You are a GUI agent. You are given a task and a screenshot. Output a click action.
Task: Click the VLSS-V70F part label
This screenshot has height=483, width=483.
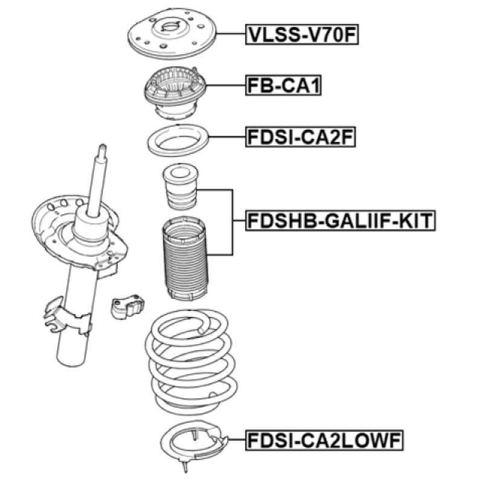point(302,34)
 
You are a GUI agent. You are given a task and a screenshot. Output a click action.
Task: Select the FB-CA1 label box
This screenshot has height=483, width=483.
point(283,85)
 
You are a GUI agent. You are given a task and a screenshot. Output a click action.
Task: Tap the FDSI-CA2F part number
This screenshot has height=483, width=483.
point(300,137)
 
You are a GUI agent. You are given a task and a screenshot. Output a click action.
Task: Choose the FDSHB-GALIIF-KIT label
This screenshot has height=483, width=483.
point(341,220)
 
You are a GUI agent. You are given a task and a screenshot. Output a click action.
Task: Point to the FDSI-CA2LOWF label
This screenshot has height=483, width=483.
point(324,441)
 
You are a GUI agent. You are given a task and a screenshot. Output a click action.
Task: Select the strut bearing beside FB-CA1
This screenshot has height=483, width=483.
point(175,93)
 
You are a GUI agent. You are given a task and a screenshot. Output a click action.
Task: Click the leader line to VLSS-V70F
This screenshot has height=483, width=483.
point(231,34)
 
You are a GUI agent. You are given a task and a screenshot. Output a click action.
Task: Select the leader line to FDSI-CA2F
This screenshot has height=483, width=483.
point(228,137)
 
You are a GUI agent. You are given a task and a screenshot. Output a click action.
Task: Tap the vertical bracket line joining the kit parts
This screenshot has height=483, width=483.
point(232,222)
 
